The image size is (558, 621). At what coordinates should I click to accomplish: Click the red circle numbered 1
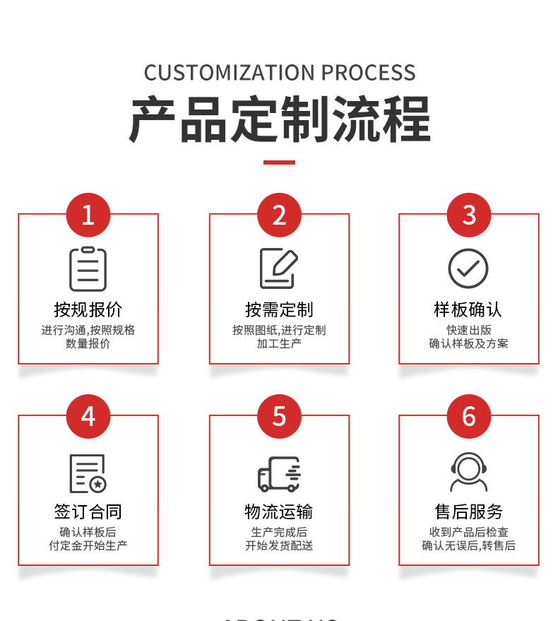pyautogui.click(x=88, y=215)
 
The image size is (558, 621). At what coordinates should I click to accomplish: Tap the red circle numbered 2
pyautogui.click(x=279, y=215)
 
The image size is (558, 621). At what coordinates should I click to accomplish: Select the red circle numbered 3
pyautogui.click(x=469, y=215)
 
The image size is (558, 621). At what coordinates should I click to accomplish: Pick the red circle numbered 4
pyautogui.click(x=88, y=416)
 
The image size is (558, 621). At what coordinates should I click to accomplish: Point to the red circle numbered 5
pyautogui.click(x=279, y=416)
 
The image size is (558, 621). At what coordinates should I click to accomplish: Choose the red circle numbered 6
pyautogui.click(x=469, y=416)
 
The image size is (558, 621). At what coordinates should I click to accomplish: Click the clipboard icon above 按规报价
pyautogui.click(x=88, y=268)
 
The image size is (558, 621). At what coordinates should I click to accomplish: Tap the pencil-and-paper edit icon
pyautogui.click(x=278, y=268)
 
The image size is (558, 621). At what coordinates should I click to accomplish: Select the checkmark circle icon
pyautogui.click(x=468, y=268)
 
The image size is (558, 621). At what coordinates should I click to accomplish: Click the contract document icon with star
pyautogui.click(x=88, y=473)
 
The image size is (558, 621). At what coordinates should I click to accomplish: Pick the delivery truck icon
pyautogui.click(x=279, y=473)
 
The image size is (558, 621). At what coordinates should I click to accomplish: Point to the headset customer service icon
pyautogui.click(x=469, y=472)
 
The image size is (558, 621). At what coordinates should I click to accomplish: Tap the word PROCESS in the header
pyautogui.click(x=368, y=73)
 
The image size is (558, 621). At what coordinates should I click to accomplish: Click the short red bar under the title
pyautogui.click(x=279, y=162)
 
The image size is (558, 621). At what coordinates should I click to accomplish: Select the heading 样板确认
pyautogui.click(x=468, y=309)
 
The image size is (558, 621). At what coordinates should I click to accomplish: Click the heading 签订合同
pyautogui.click(x=88, y=511)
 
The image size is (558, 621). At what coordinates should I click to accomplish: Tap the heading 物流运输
pyautogui.click(x=279, y=511)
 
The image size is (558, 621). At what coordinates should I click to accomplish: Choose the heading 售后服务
pyautogui.click(x=468, y=511)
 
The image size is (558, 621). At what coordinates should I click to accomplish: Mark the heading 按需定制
pyautogui.click(x=279, y=309)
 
